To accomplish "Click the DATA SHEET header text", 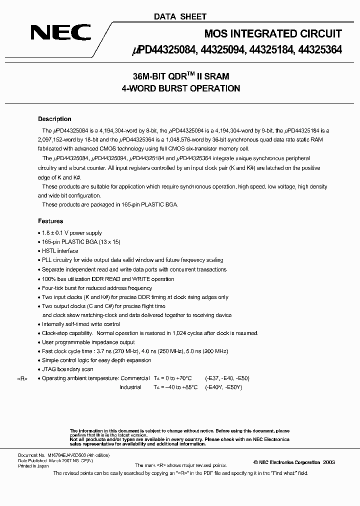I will click(x=180, y=16).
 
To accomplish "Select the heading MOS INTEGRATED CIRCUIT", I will click(x=273, y=34).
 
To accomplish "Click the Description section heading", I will click(x=54, y=119).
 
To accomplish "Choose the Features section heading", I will click(x=50, y=221).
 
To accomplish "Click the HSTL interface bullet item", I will click(x=60, y=251).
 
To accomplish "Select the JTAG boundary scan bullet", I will click(x=67, y=369).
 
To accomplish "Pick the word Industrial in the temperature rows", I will click(x=130, y=387).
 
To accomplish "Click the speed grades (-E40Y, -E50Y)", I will click(x=223, y=387).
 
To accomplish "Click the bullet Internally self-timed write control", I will click(x=81, y=324).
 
